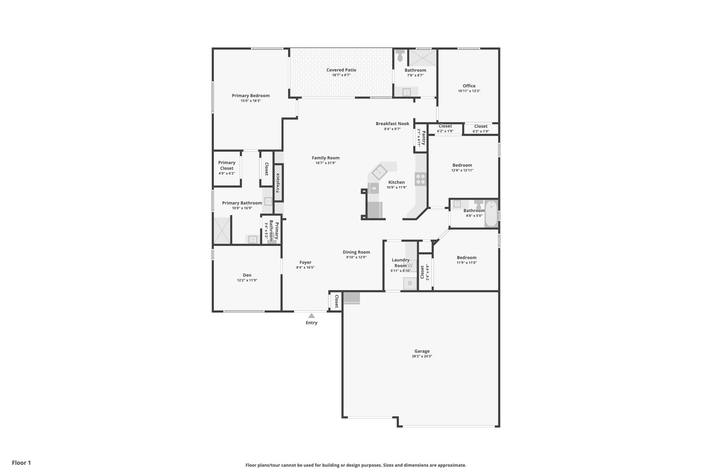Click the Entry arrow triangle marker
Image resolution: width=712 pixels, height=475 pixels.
click(311, 316)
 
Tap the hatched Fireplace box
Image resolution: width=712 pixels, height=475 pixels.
click(278, 183)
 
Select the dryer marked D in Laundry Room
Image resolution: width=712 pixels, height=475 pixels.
click(410, 283)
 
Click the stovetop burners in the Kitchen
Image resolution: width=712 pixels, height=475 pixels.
click(421, 179)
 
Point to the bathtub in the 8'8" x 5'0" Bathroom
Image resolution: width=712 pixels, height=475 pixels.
click(491, 213)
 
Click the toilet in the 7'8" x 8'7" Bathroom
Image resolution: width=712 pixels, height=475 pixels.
click(400, 55)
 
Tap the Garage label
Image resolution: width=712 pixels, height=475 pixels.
click(422, 351)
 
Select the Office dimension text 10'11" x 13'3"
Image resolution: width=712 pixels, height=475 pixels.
click(469, 91)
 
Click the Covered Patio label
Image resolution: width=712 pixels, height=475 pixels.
click(341, 70)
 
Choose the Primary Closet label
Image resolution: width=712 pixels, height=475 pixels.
click(227, 165)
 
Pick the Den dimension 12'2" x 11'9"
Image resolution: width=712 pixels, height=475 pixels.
click(247, 280)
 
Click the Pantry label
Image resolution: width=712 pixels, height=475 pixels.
click(423, 138)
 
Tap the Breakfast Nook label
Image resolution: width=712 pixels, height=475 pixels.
click(392, 124)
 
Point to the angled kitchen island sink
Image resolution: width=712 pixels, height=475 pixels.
click(379, 172)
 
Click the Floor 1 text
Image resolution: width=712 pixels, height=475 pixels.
click(21, 462)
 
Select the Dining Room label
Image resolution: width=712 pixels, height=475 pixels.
click(356, 252)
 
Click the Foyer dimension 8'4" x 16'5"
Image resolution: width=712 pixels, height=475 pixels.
click(305, 268)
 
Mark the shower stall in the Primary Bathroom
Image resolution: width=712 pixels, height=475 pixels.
click(222, 230)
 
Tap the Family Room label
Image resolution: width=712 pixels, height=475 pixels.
click(325, 158)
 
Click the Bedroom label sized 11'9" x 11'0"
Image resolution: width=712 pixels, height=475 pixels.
click(467, 258)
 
